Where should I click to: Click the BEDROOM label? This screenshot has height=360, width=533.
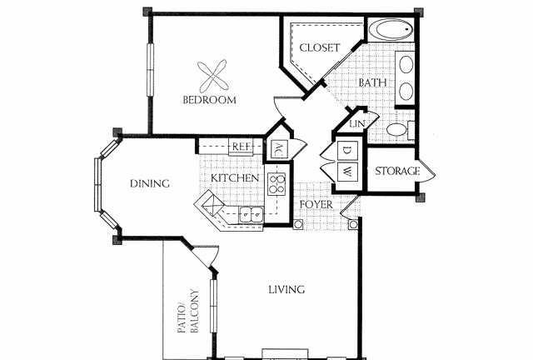pos(209,100)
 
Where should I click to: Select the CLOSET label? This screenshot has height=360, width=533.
pos(320,47)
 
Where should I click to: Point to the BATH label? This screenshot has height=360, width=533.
pos(373,82)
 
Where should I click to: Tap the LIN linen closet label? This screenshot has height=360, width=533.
pos(357,123)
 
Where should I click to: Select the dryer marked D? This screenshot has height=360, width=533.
pos(347,150)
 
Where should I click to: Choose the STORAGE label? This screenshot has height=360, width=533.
pos(397,171)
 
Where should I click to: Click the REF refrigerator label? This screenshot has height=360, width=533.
pos(242,147)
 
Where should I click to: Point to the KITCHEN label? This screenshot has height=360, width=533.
pos(235,178)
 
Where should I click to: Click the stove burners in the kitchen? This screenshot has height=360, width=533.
pos(276,183)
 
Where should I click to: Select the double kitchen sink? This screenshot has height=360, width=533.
pos(252,214)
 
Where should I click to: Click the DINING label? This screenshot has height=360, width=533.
pos(150,183)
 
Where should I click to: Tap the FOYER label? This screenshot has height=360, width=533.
pos(316,204)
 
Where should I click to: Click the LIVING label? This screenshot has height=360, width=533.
pos(286,289)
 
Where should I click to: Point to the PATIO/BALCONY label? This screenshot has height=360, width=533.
pos(189,311)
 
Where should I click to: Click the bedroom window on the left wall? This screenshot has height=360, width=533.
pos(150,69)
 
